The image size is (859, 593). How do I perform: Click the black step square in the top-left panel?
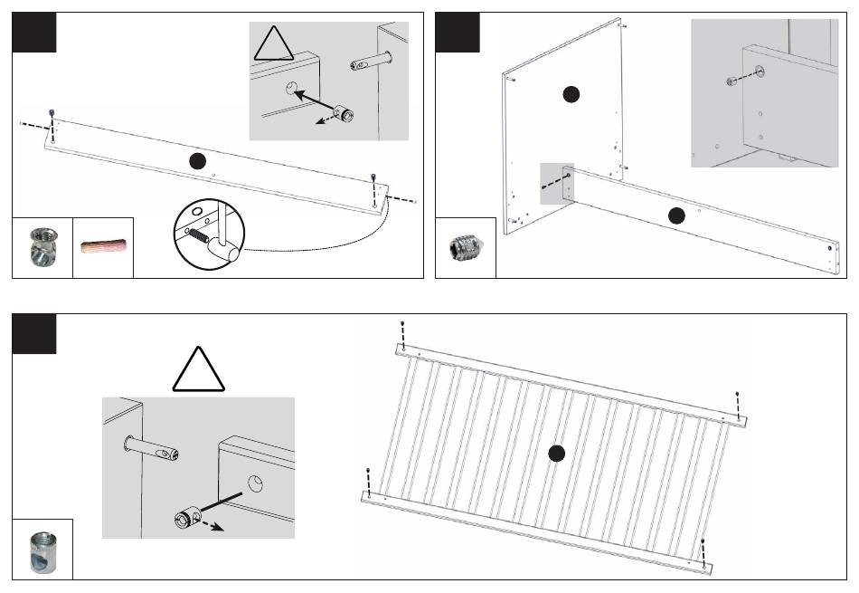pos(34,32)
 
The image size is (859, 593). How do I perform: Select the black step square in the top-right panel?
pos(458,32)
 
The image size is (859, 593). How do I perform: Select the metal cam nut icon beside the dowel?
pos(41,247)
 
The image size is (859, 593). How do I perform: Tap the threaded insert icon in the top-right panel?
pos(465,247)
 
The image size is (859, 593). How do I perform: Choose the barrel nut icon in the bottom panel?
pos(42,550)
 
